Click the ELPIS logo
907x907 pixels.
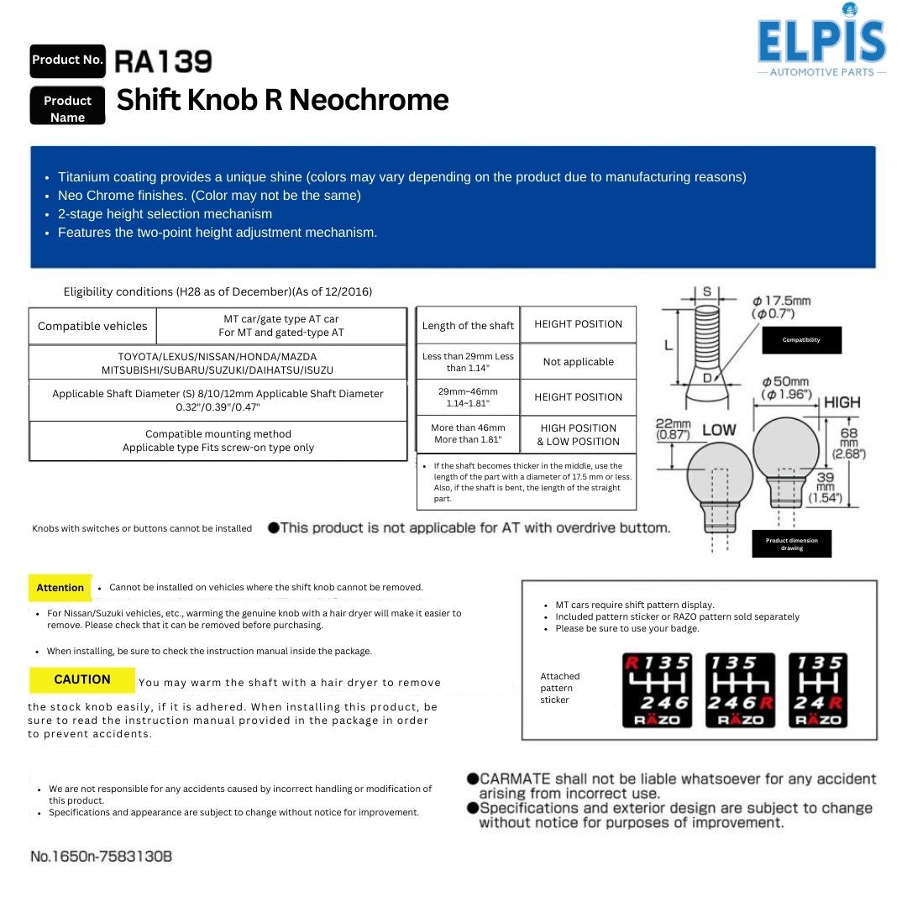[x=821, y=42]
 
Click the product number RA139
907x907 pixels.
[x=163, y=61]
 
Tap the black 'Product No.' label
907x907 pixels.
[x=67, y=60]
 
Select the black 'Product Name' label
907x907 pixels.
[x=67, y=108]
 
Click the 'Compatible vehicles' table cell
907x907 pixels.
[x=92, y=326]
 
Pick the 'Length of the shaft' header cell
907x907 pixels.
[x=468, y=326]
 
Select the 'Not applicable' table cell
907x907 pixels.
[x=578, y=362]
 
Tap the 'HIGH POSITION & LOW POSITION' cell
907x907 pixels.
[x=578, y=434]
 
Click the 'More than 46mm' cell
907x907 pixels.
[x=468, y=434]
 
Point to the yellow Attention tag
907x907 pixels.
[x=60, y=587]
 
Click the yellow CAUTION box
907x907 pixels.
[x=82, y=679]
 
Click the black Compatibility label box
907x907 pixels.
[x=801, y=340]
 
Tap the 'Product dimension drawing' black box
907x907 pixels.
[x=791, y=544]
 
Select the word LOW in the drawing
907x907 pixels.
[x=718, y=430]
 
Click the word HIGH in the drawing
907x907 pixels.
[x=841, y=402]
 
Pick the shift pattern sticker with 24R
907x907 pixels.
[x=818, y=690]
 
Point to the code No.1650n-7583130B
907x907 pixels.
[x=102, y=857]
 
